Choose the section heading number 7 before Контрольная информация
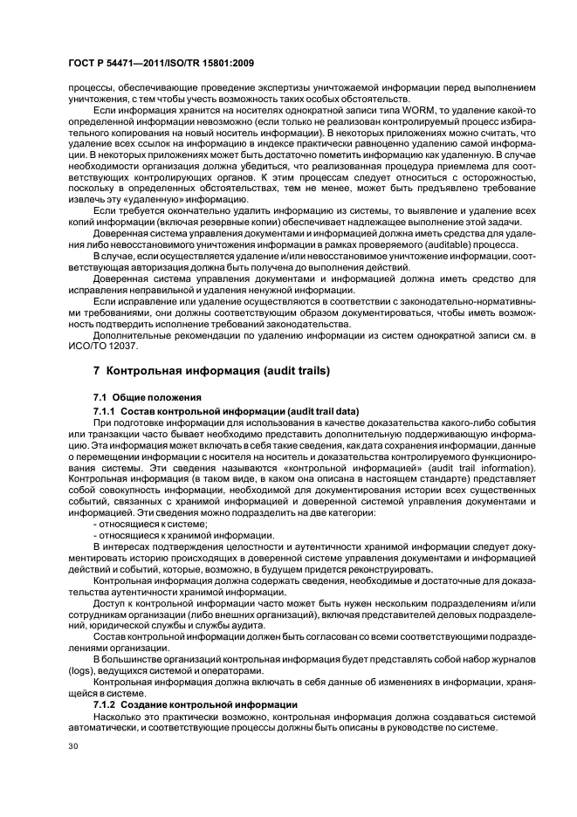(x=97, y=371)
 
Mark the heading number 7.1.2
(x=106, y=704)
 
